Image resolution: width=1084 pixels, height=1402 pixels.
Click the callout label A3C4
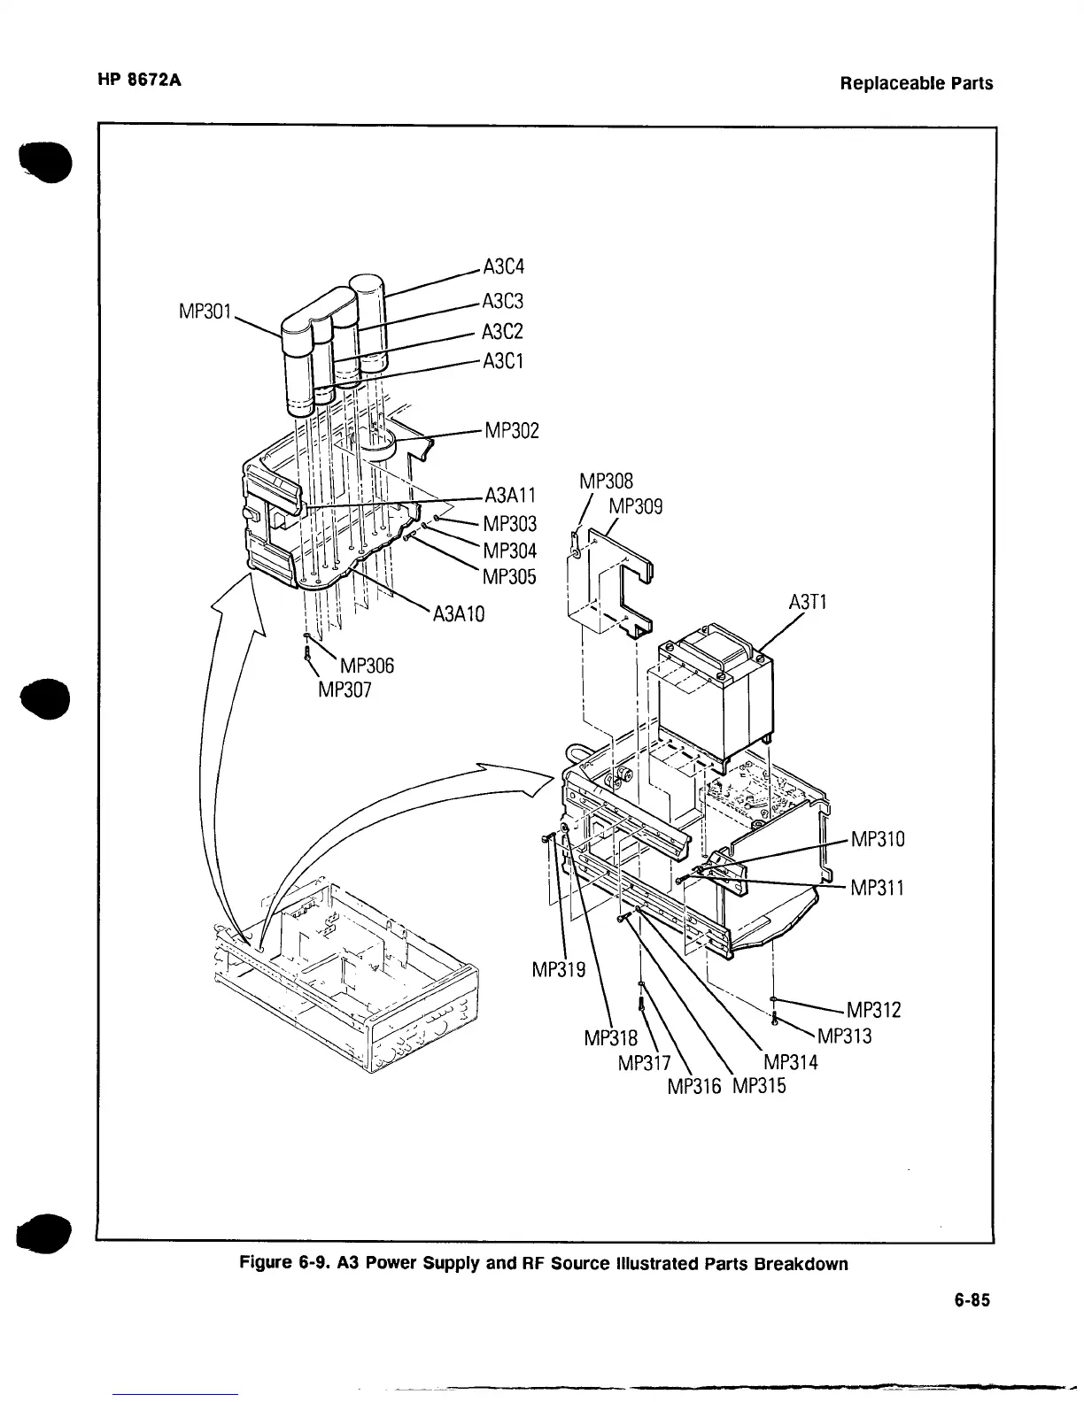504,266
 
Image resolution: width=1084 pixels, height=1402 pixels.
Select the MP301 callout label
205,312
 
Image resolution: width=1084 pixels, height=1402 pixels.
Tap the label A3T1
807,603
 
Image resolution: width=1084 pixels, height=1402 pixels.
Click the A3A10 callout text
459,614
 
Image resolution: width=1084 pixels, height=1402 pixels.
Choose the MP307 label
345,689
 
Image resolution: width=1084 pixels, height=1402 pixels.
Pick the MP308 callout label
606,481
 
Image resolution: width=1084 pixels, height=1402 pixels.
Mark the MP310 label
878,838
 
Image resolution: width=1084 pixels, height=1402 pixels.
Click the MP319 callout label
558,970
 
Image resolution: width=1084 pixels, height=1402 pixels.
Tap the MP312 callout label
874,1010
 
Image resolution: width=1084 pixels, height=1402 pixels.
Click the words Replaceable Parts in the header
917,84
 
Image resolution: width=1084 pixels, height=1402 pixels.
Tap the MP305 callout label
509,576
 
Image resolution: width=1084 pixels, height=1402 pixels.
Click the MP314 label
791,1062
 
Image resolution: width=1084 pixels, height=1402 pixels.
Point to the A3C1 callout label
503,361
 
